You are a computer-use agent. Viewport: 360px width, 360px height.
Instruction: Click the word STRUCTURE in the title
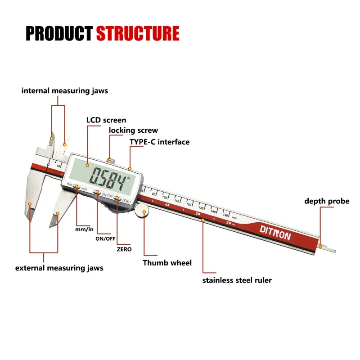coord(138,34)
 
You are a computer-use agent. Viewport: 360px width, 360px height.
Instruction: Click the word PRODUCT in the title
coord(59,34)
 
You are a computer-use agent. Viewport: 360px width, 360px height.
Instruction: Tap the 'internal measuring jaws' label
coord(65,91)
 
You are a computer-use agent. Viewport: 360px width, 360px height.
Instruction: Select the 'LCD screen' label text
coord(106,120)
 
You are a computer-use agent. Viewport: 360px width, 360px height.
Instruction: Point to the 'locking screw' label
coord(134,130)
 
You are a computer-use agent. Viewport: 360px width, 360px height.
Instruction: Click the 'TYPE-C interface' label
coord(159,142)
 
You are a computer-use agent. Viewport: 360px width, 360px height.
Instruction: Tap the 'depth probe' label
coord(327,201)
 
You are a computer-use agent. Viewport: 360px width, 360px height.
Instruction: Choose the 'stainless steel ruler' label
coord(237,280)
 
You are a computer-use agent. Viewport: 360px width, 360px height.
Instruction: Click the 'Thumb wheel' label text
coord(167,263)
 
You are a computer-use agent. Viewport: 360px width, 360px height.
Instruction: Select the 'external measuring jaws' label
coord(59,268)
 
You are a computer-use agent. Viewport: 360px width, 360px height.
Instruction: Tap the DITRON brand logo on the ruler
coord(275,232)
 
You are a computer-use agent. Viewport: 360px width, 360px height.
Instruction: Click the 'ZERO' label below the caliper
coord(124,249)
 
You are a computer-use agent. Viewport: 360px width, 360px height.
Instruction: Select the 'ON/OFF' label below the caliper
coord(105,238)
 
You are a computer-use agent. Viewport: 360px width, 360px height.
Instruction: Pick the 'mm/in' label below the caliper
coord(84,229)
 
